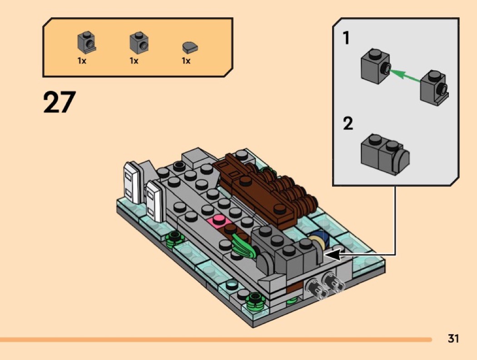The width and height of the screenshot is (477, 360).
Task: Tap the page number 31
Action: (x=452, y=339)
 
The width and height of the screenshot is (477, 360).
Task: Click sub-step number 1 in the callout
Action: (x=347, y=38)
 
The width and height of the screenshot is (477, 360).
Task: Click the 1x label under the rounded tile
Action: (x=186, y=60)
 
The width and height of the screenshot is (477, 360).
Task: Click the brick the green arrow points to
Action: (x=375, y=67)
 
